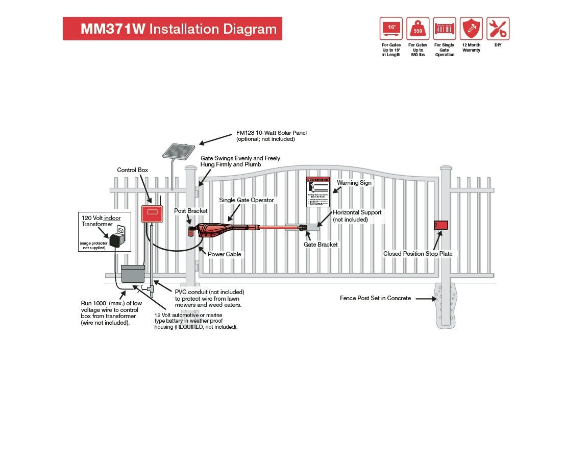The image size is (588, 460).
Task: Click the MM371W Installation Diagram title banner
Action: pos(172,29)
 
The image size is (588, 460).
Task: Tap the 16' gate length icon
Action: pos(391,29)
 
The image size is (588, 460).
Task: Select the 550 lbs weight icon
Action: pos(418,29)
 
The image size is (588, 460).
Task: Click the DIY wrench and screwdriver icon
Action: pos(498,29)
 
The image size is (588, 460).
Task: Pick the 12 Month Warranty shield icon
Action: pos(471,29)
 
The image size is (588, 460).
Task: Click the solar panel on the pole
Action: pos(179,151)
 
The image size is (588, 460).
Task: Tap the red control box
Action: pos(152,213)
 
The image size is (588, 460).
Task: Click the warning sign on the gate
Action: pos(318,192)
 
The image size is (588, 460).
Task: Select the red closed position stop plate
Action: pos(440,225)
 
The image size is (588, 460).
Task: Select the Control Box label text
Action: pos(133,170)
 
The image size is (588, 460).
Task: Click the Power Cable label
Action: pos(225,254)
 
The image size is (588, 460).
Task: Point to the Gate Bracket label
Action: pos(321,245)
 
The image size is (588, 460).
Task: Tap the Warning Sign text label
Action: pos(354,183)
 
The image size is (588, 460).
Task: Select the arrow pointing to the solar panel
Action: pos(215,139)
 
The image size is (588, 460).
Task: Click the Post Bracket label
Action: pos(191,211)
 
